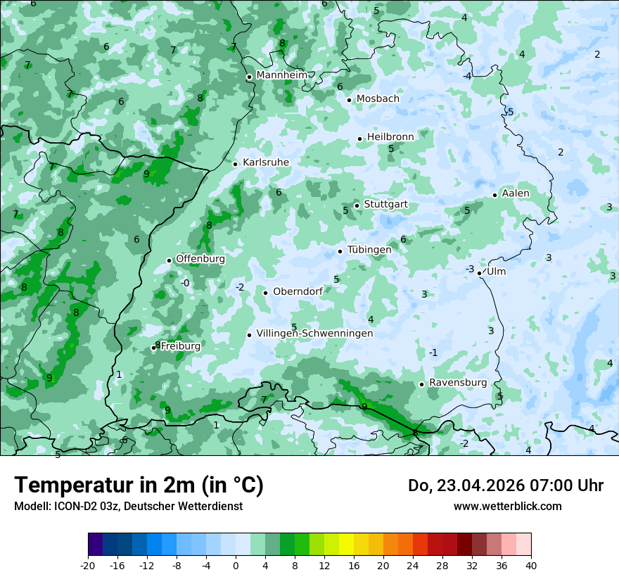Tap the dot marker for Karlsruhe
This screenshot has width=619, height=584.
(236, 164)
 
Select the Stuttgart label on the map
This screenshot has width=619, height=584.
(385, 205)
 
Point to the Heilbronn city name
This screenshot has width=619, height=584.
(390, 137)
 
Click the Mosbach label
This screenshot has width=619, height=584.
(378, 99)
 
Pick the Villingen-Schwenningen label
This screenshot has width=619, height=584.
(314, 334)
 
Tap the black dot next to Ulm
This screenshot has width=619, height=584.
(480, 273)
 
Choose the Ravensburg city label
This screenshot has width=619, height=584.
(458, 383)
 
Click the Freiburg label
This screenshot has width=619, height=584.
(181, 346)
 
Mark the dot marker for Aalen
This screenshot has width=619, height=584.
(495, 195)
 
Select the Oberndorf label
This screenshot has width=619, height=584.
(298, 291)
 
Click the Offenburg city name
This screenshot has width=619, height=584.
(200, 259)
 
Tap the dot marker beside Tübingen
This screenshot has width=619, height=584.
(340, 251)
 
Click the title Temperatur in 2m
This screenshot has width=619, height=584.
(139, 485)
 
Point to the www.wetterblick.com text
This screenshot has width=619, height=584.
(507, 506)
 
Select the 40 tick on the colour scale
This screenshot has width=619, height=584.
(531, 566)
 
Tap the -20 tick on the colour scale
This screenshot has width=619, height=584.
(88, 566)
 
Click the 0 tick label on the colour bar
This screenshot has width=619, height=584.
(236, 566)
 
